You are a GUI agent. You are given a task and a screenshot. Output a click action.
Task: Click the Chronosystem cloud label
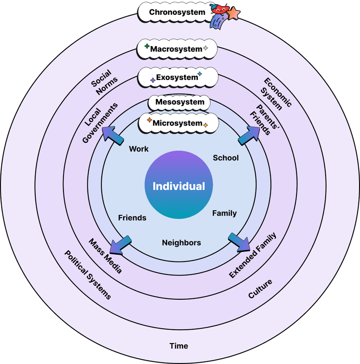pos(177,12)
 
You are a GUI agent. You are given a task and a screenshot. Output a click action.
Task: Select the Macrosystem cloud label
pos(177,50)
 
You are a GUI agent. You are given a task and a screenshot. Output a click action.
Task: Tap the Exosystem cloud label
pos(177,78)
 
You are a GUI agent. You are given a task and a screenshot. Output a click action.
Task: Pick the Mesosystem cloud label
pos(180,103)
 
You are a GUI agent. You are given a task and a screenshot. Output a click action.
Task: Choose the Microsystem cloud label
pos(177,123)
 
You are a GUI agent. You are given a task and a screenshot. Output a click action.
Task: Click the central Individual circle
pos(179,186)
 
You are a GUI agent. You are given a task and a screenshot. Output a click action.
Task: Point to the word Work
pos(139,149)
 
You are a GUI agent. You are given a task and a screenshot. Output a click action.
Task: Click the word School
pos(226,158)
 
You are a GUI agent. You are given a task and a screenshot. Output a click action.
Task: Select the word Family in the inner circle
pos(224,213)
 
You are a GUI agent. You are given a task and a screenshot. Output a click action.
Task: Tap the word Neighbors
pos(181,243)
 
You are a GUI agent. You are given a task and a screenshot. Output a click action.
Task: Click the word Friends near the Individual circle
pos(132,218)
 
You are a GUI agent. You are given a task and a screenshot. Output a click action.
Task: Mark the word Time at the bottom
pos(179,346)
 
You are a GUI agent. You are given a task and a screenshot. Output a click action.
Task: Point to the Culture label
pos(260,289)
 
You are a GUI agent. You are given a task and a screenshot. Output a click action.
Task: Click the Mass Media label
pos(105,256)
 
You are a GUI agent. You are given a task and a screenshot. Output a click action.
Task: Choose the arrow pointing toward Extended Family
pos(239,242)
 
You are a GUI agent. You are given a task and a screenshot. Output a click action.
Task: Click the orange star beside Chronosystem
pos(234,13)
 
